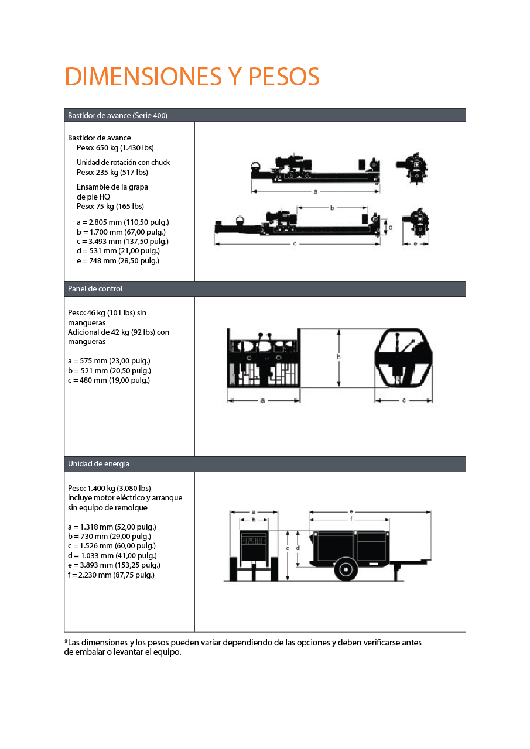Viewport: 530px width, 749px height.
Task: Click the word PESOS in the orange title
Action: point(283,77)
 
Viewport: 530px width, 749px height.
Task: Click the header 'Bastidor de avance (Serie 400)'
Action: point(118,115)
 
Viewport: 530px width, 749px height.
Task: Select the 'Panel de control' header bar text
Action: point(95,288)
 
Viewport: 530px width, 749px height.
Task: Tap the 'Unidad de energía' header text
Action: point(98,464)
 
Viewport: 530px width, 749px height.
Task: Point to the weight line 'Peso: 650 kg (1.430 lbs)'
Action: point(115,148)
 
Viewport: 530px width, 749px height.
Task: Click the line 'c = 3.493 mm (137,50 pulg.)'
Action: point(122,242)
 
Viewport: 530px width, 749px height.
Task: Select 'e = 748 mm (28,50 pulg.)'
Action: point(118,261)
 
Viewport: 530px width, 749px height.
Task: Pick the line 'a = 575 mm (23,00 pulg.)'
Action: point(109,361)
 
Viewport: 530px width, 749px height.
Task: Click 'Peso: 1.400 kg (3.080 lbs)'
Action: point(110,488)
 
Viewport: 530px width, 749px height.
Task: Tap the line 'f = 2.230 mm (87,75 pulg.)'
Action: point(111,575)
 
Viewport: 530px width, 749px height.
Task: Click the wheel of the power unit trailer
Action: point(346,569)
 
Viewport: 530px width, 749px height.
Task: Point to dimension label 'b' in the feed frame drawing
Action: point(332,208)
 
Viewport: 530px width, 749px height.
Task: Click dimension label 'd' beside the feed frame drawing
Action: point(391,228)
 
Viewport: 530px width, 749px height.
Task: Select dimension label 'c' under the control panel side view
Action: point(404,401)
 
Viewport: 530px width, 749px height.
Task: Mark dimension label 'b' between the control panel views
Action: point(338,357)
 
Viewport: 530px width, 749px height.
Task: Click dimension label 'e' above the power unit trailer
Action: point(351,512)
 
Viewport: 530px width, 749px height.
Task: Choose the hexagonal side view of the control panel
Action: point(404,358)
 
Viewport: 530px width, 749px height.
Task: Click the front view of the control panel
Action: point(264,358)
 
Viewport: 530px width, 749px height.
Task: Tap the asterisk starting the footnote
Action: point(66,641)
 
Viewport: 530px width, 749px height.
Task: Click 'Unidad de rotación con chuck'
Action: point(123,163)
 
